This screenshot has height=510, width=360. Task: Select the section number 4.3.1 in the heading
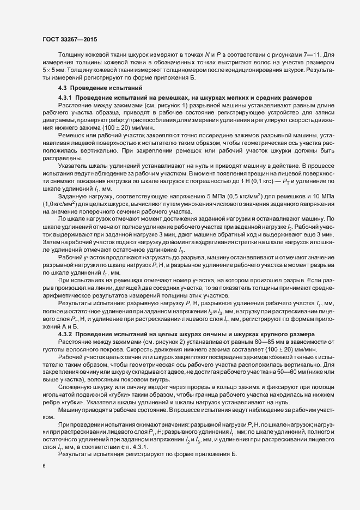click(66, 97)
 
